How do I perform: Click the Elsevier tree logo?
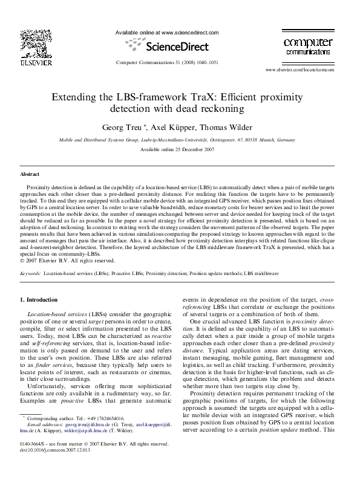31,43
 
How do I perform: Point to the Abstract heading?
30,174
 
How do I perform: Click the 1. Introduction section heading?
39,300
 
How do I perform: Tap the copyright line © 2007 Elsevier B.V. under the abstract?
67,261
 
